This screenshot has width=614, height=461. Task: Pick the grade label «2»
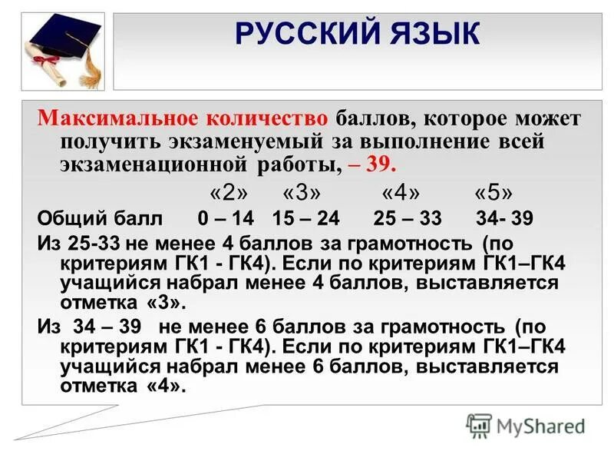(227, 191)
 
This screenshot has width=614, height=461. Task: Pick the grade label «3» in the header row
(302, 191)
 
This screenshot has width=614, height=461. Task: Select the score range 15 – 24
(305, 218)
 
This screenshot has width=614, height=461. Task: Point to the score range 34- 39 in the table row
(503, 218)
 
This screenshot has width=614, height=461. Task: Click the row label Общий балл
(101, 218)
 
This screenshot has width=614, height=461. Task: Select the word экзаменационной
(153, 164)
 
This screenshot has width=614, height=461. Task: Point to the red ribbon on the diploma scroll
(53, 61)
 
